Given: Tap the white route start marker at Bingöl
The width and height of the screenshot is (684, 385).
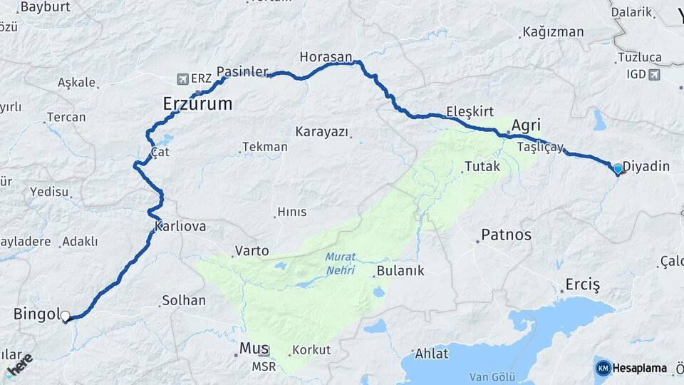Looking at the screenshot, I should (66, 316).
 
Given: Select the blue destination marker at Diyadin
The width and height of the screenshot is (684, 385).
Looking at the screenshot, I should (618, 169).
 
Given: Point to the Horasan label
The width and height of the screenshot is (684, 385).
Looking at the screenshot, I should (326, 56).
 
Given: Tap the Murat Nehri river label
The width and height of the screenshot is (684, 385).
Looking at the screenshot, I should (340, 264).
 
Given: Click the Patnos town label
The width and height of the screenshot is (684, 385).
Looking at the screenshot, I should (506, 235).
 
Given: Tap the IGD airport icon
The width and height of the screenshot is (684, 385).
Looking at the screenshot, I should (655, 73).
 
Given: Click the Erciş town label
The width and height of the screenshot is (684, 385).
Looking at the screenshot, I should (582, 284).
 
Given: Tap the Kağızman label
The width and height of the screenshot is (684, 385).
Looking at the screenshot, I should (553, 32).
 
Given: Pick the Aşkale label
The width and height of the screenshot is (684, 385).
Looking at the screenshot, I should (76, 82).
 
